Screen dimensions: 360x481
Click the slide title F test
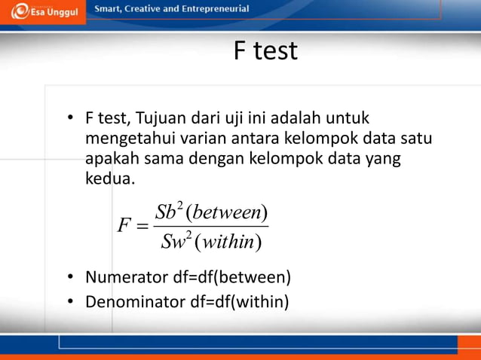point(265,51)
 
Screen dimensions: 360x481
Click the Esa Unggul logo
point(43,12)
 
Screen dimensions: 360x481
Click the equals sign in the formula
point(143,227)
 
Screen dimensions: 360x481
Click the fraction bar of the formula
point(211,227)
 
